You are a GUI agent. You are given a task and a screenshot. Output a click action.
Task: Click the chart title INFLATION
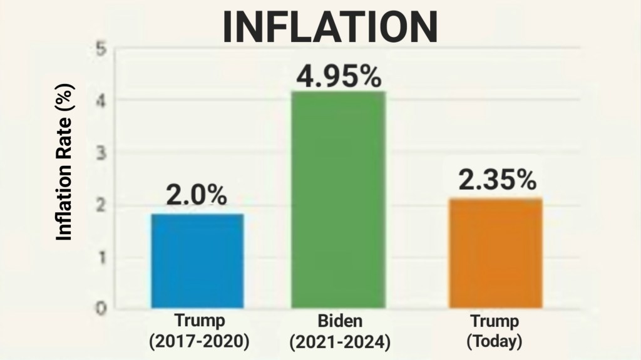[330, 26]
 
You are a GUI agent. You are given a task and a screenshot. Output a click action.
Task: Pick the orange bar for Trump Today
[495, 253]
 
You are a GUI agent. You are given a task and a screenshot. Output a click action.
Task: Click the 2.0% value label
[196, 195]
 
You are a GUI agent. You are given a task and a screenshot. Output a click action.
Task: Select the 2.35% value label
[497, 180]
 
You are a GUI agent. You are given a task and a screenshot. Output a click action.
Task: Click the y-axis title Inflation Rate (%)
[64, 162]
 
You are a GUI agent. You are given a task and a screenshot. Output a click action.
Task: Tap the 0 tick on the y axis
[101, 309]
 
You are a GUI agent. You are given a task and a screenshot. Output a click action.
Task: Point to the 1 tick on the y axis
[101, 257]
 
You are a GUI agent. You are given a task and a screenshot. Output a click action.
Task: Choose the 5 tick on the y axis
[101, 49]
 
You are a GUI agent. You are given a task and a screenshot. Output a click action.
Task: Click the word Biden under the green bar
[340, 322]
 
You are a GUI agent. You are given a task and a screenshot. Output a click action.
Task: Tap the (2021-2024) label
[340, 342]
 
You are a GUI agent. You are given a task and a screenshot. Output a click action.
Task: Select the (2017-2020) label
[198, 342]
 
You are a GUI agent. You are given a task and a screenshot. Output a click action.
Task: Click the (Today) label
[495, 342]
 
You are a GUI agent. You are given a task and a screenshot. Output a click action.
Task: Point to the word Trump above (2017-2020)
[198, 322]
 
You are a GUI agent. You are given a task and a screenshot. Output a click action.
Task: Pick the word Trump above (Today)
[495, 322]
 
